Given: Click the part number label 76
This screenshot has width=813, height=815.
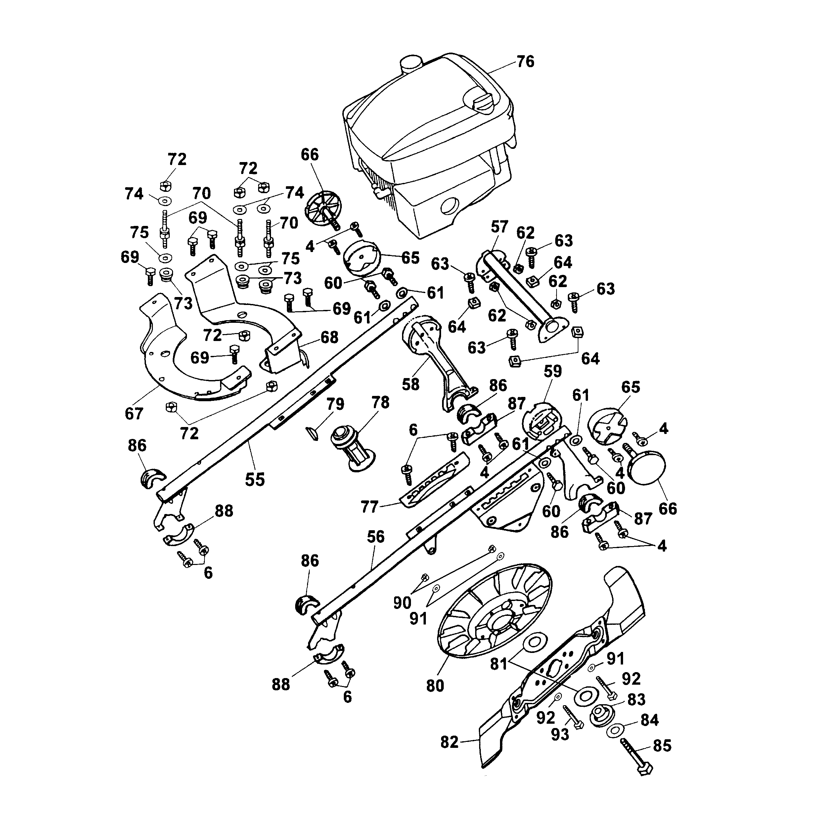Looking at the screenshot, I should pyautogui.click(x=525, y=62).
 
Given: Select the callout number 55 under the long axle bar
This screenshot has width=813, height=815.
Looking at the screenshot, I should pyautogui.click(x=254, y=480).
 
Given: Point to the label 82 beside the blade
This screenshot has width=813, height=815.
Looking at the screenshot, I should pyautogui.click(x=449, y=743).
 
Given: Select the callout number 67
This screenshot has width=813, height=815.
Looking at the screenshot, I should pyautogui.click(x=134, y=414).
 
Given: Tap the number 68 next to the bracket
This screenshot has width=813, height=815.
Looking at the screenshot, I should pyautogui.click(x=329, y=337).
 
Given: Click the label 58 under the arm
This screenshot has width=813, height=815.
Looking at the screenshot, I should pyautogui.click(x=411, y=384).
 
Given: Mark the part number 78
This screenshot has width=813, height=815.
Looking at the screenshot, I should pyautogui.click(x=381, y=403).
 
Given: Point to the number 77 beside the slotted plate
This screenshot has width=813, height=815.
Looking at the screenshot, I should pyautogui.click(x=369, y=507).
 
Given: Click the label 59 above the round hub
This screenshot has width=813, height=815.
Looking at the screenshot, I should pyautogui.click(x=553, y=372).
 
